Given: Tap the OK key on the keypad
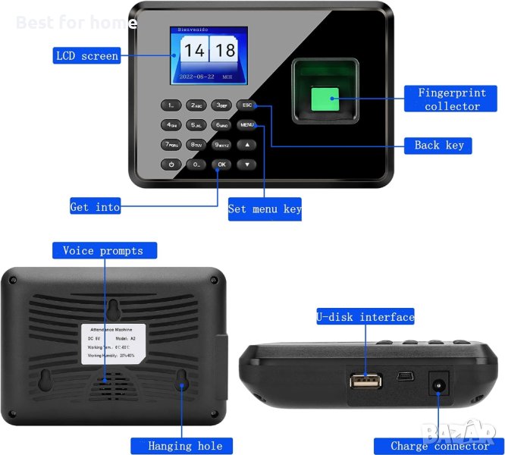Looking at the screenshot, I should pyautogui.click(x=221, y=164).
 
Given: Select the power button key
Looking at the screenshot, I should pyautogui.click(x=171, y=164).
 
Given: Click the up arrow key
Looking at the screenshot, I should pyautogui.click(x=246, y=144).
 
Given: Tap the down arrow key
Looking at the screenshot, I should pyautogui.click(x=246, y=164).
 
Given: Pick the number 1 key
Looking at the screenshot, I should pyautogui.click(x=171, y=105).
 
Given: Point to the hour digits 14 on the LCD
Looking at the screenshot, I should pyautogui.click(x=195, y=52).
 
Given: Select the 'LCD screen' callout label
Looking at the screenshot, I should pyautogui.click(x=87, y=55).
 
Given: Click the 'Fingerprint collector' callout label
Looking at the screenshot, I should pyautogui.click(x=452, y=99).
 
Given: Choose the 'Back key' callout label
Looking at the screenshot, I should pyautogui.click(x=438, y=145).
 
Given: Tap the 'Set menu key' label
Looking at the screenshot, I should pyautogui.click(x=265, y=209).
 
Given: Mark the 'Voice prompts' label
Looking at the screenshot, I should pyautogui.click(x=104, y=250).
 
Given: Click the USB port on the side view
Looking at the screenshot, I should pyautogui.click(x=365, y=380).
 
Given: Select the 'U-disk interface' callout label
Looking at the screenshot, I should pyautogui.click(x=365, y=317).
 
